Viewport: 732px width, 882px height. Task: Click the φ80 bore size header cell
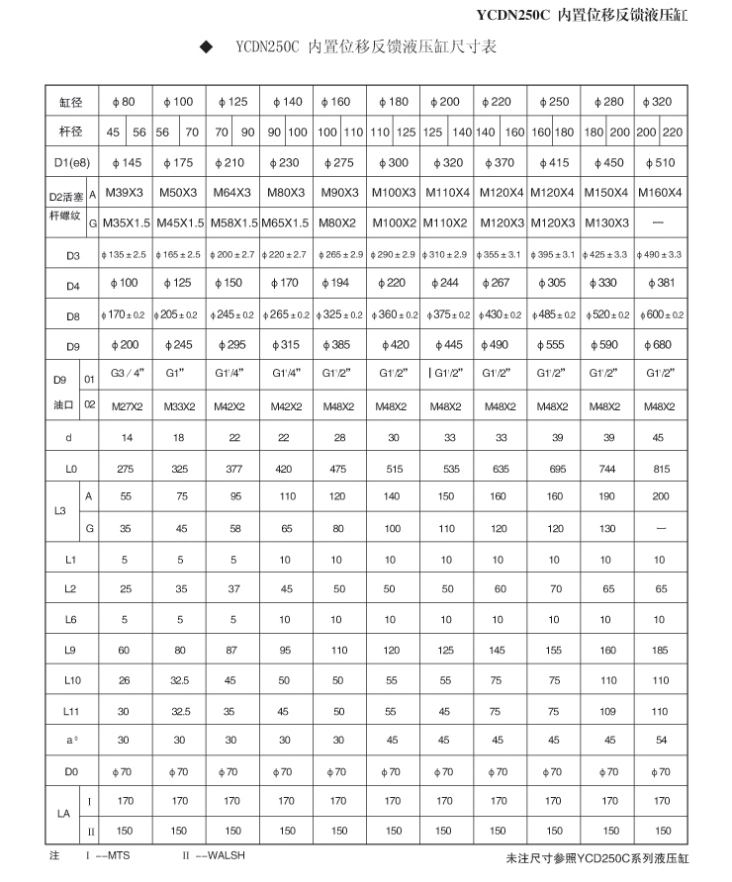126,103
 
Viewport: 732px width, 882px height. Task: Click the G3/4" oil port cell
126,377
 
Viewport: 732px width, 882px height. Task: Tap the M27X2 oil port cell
126,406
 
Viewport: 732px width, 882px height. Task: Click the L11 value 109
606,711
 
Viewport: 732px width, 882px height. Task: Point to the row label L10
71,680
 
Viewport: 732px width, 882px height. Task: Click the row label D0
71,770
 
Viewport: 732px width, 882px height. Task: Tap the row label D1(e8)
72,162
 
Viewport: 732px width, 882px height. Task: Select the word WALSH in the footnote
227,854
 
